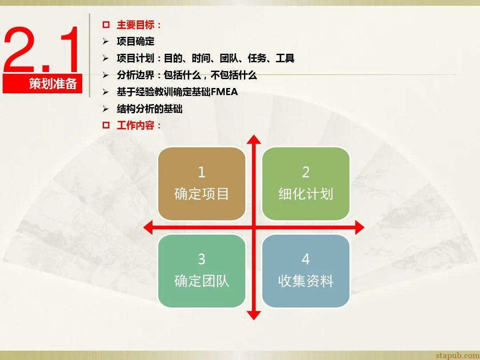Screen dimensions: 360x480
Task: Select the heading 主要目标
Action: (136, 25)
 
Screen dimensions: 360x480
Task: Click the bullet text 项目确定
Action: (136, 41)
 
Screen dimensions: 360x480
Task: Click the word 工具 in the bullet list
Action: (285, 58)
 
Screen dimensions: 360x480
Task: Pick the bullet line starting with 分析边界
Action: (187, 75)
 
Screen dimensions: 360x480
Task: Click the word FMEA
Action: (224, 92)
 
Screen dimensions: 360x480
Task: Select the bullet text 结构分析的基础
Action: (150, 109)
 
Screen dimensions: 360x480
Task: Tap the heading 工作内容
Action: (136, 125)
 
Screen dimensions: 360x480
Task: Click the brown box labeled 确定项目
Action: (202, 184)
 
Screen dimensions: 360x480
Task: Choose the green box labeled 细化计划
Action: (306, 184)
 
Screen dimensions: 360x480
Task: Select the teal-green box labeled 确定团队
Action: (202, 271)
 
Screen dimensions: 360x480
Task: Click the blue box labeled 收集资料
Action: (306, 271)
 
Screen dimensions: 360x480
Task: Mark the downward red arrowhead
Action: (254, 315)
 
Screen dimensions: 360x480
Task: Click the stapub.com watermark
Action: (457, 355)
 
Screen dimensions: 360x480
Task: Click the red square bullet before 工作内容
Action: (106, 125)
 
